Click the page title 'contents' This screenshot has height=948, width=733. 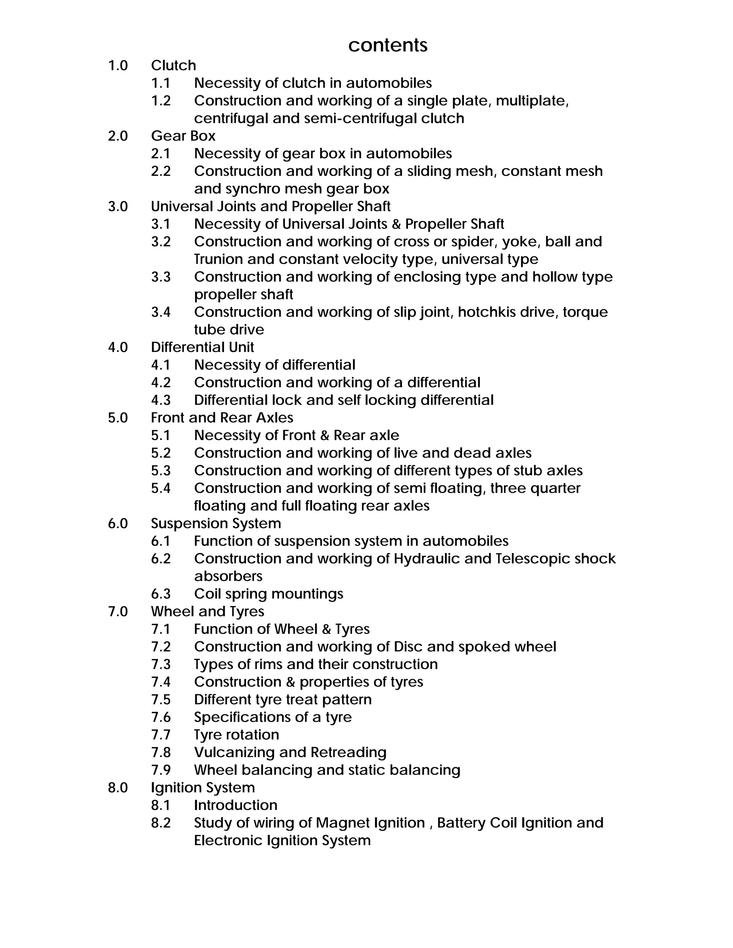pos(387,45)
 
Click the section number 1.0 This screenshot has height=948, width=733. pos(118,65)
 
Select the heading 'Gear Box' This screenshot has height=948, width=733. pos(183,136)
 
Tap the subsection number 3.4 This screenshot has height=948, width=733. pos(161,312)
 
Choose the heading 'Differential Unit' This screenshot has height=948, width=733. pos(202,347)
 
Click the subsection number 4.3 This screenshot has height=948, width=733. pos(161,400)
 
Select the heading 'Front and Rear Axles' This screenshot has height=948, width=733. pos(222,417)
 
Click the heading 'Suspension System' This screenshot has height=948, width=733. pos(216,523)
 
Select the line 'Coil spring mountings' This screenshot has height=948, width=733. pos(268,594)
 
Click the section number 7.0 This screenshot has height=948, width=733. pos(118,612)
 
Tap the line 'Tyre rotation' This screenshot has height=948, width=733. pos(236,735)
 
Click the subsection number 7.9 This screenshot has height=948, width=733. pos(161,770)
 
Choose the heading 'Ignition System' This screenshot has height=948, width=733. pos(203,787)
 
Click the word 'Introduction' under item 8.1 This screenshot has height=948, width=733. pos(236,805)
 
